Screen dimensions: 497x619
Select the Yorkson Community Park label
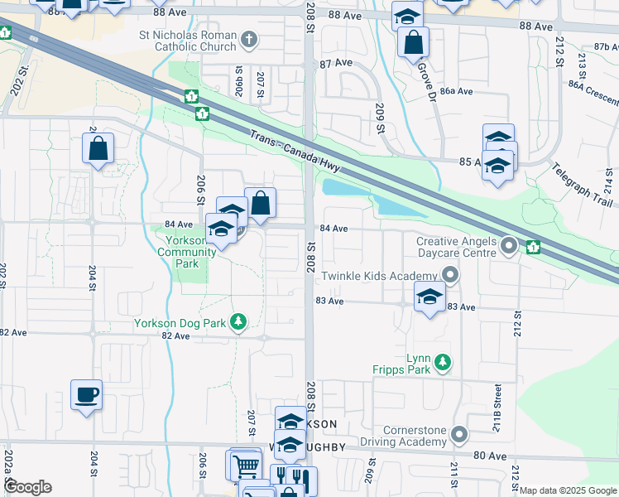pos(180,251)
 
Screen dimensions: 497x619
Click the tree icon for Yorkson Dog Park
pos(238,321)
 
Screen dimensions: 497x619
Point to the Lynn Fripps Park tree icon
pos(444,362)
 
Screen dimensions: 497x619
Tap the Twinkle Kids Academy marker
pos(450,274)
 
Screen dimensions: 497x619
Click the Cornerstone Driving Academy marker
pos(460,434)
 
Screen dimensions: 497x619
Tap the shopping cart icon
pos(245,466)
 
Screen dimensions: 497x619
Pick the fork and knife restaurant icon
pos(289,478)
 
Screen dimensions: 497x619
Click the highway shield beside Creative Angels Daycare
pos(534,246)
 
